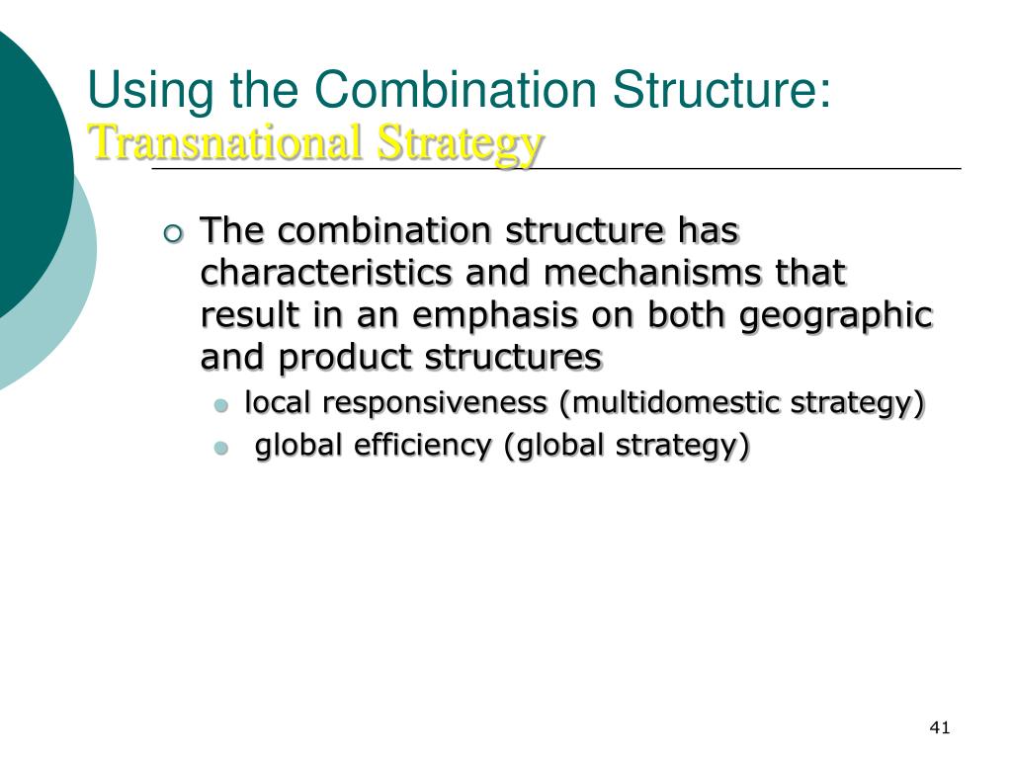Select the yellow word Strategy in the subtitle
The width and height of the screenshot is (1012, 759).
click(x=460, y=144)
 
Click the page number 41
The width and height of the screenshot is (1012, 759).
click(x=939, y=728)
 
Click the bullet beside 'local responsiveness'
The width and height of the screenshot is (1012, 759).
click(x=222, y=405)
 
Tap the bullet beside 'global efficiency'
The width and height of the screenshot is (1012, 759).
click(x=222, y=448)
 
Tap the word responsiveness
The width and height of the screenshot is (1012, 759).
click(x=435, y=403)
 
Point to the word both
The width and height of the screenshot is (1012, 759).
click(x=690, y=315)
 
